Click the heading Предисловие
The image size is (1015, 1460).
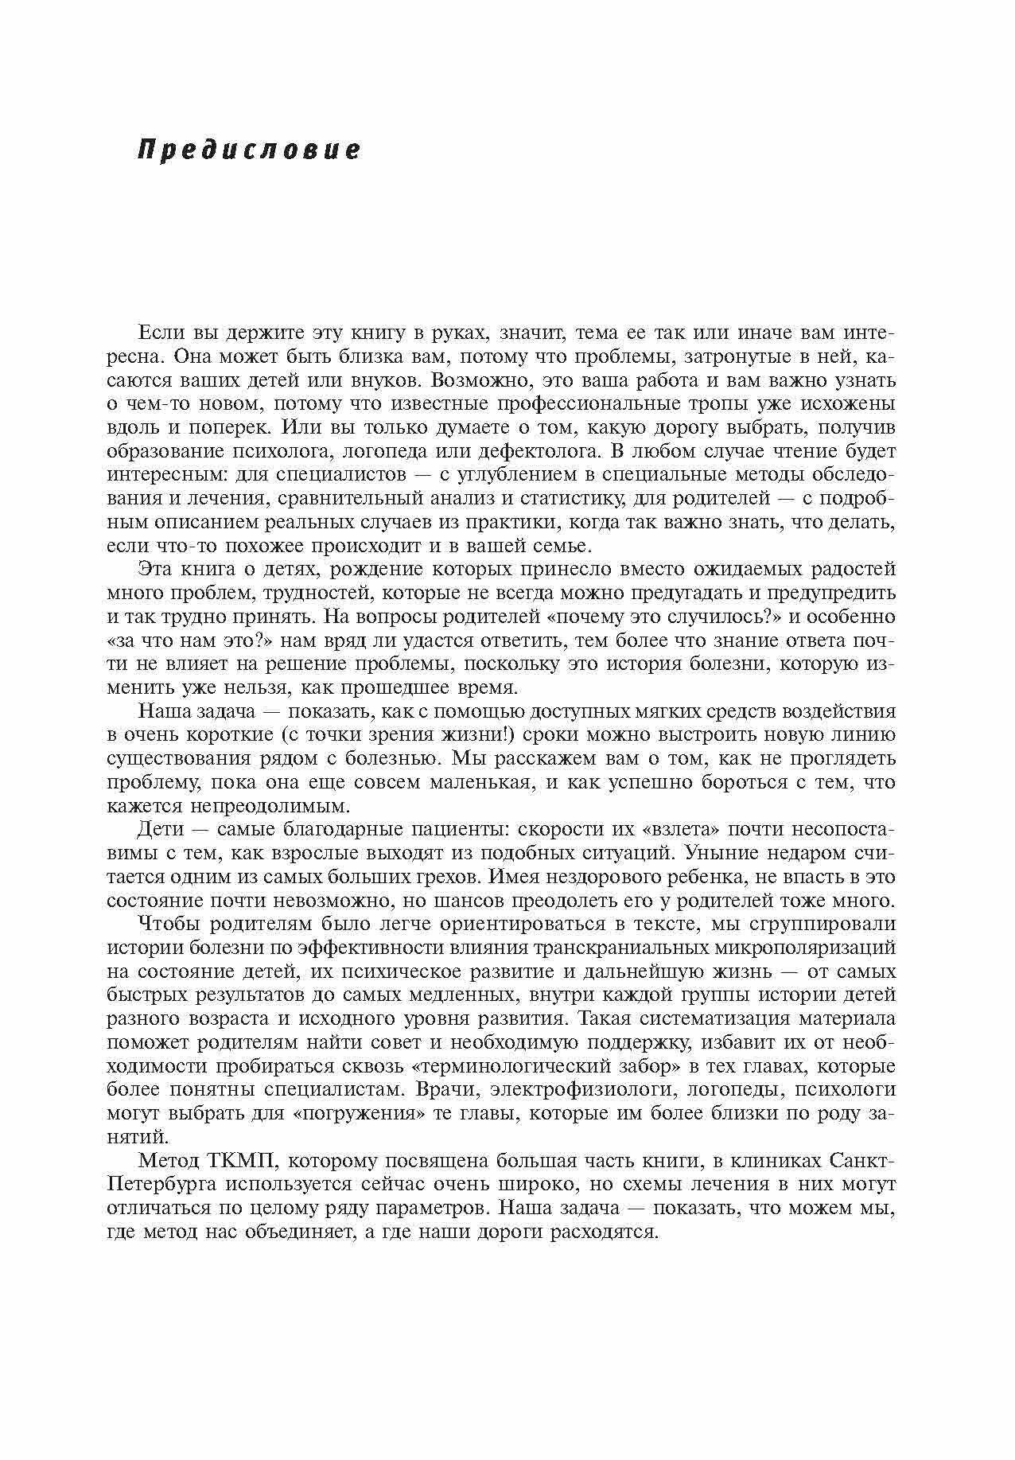(x=249, y=150)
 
